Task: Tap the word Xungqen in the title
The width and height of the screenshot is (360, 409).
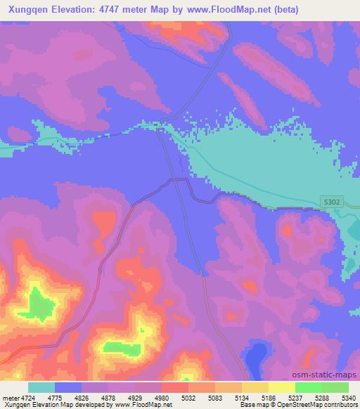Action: [x=27, y=10]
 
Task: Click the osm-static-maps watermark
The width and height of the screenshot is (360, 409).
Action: [x=330, y=375]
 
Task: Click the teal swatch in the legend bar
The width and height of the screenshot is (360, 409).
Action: [x=41, y=387]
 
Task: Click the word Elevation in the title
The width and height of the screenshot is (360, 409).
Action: [x=73, y=10]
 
